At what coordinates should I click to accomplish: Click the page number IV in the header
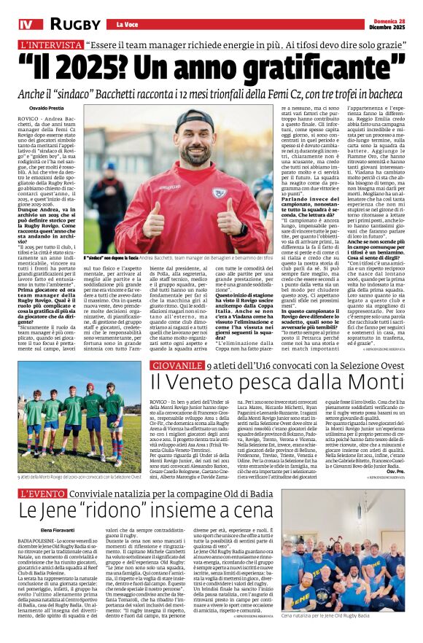pos(26,25)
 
